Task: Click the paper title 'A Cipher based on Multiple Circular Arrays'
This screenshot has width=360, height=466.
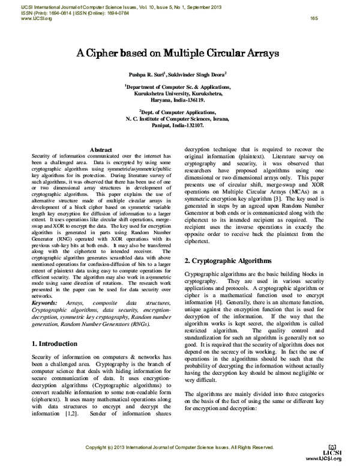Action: click(x=176, y=53)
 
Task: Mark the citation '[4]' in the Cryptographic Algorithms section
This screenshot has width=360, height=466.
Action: click(x=224, y=304)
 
